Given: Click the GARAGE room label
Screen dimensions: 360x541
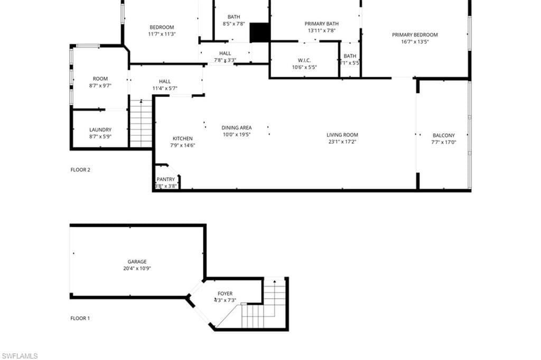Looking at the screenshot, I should (x=137, y=261).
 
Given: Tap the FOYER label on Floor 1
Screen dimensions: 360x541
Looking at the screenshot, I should (x=225, y=293).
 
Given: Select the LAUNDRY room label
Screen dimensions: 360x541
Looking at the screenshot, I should (x=100, y=130).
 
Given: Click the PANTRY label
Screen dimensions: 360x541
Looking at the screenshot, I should (x=165, y=179).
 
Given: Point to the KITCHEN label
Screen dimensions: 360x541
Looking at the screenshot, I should (x=183, y=139).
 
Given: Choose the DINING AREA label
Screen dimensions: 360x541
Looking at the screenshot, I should (x=236, y=127).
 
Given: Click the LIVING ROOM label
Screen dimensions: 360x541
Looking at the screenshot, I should (x=342, y=135).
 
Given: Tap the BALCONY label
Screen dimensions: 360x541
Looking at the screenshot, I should (x=443, y=135).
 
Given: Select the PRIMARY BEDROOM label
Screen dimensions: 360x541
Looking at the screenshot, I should (x=415, y=35).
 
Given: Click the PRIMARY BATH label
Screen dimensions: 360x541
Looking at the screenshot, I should (x=322, y=24).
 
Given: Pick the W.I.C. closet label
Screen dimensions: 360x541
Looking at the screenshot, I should (x=304, y=60).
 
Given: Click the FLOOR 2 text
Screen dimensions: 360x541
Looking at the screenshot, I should (x=80, y=170).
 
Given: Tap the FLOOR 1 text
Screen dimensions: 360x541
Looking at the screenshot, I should (x=80, y=318).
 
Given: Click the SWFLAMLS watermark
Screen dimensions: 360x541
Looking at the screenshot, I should (x=20, y=356).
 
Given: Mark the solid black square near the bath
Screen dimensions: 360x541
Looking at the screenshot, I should (x=260, y=32).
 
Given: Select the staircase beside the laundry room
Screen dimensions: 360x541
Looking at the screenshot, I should (x=141, y=124).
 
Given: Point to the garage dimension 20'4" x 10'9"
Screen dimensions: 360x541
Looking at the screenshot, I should (x=137, y=268).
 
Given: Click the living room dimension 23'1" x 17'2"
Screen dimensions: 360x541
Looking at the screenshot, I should (x=342, y=142).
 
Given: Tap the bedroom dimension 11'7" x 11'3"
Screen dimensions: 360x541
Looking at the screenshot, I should (x=162, y=34).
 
